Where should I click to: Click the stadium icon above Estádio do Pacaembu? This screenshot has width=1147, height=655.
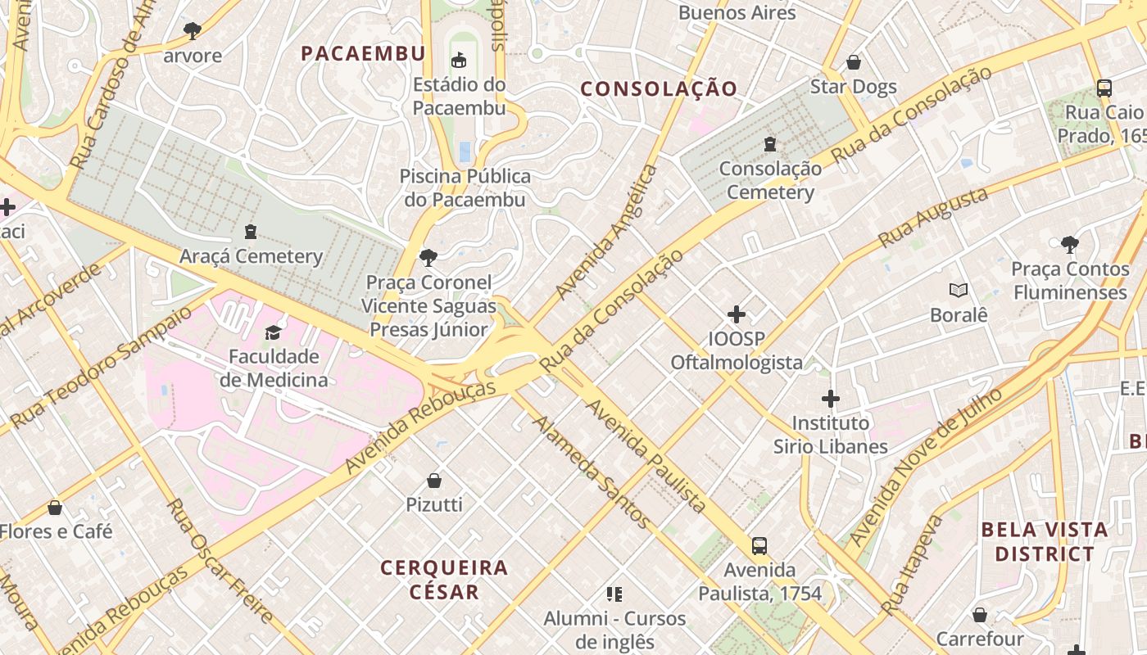click(x=459, y=60)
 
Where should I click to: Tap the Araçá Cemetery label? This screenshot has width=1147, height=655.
click(x=251, y=256)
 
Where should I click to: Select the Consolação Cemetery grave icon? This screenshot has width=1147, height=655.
click(x=770, y=144)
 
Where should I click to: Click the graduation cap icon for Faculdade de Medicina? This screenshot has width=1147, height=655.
click(x=273, y=332)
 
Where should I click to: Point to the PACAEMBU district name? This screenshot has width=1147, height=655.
click(x=363, y=54)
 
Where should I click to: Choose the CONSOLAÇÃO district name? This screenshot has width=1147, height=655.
click(x=660, y=89)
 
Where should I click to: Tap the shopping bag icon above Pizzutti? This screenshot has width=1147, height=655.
click(x=434, y=480)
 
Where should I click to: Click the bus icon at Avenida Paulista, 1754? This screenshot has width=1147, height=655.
click(x=759, y=545)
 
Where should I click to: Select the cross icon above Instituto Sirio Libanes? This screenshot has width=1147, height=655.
click(x=831, y=399)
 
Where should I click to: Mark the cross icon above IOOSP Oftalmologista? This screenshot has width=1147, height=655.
click(x=737, y=314)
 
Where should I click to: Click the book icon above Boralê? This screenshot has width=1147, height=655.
click(x=959, y=290)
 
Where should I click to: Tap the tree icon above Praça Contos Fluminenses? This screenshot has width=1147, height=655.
click(x=1069, y=244)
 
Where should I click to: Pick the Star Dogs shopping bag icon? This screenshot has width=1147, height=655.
click(x=854, y=62)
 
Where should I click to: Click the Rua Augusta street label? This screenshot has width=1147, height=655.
click(x=933, y=218)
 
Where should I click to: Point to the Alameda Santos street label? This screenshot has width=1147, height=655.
click(x=592, y=473)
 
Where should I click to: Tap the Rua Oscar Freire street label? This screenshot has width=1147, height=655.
click(x=220, y=560)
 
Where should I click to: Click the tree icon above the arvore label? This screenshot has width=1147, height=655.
click(x=193, y=31)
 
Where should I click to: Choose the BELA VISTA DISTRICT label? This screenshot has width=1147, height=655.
click(x=1045, y=542)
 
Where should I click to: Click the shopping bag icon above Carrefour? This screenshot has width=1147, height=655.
click(x=980, y=614)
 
